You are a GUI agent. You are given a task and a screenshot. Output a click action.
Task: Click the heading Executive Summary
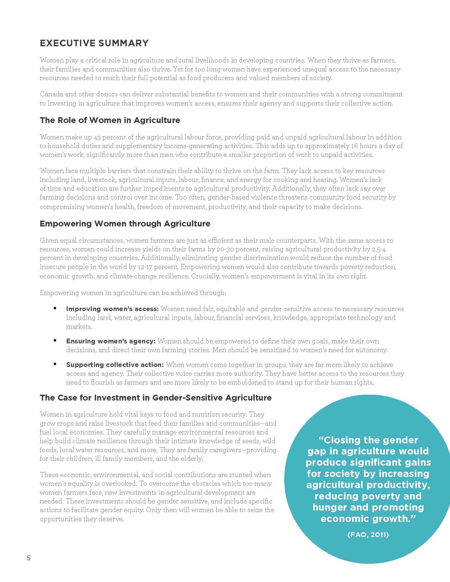click(x=94, y=43)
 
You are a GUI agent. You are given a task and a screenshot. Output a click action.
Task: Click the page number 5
click(x=29, y=558)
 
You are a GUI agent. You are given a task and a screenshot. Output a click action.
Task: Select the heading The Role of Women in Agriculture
click(x=110, y=120)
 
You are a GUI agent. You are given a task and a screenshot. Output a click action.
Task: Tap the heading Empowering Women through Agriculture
click(x=125, y=224)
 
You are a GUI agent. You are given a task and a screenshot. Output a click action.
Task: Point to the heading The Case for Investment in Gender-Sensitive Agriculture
click(x=156, y=398)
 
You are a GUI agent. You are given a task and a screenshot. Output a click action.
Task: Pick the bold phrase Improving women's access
click(x=112, y=309)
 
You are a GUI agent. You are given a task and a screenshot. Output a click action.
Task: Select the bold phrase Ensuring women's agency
click(x=111, y=341)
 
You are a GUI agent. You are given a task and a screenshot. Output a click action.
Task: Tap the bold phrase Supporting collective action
click(x=115, y=365)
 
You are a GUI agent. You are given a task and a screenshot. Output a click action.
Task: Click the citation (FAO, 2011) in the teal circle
click(x=368, y=535)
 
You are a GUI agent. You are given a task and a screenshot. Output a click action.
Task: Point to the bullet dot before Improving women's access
click(x=55, y=308)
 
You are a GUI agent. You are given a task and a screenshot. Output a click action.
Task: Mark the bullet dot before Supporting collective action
click(x=55, y=364)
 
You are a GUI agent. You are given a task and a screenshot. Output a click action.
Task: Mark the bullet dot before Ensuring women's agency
click(x=55, y=340)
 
